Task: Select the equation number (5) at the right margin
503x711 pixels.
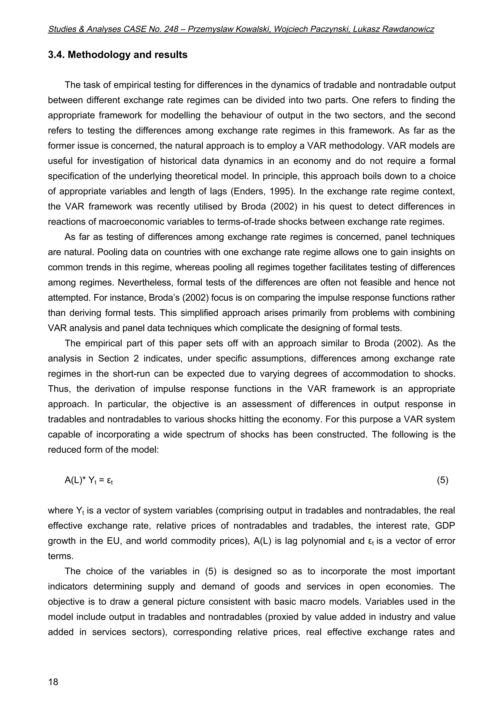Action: pyautogui.click(x=442, y=480)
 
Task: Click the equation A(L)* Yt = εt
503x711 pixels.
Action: pyautogui.click(x=88, y=481)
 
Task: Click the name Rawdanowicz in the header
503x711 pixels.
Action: pyautogui.click(x=408, y=29)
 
